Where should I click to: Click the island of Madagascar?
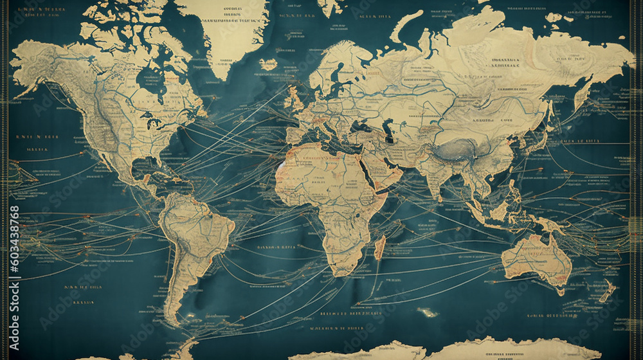click(x=379, y=248)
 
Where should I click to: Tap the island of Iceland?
click(x=269, y=64)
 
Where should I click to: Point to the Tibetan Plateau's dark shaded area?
click(x=460, y=151)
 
